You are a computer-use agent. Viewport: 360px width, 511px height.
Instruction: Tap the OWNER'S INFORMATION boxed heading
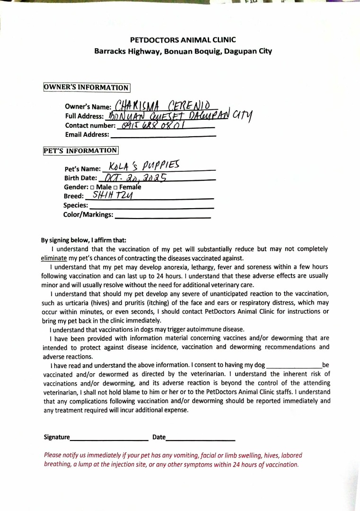point(87,88)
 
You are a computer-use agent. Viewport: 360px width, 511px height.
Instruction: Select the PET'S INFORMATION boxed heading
point(80,150)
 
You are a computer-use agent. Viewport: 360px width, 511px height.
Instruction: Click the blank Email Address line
point(163,135)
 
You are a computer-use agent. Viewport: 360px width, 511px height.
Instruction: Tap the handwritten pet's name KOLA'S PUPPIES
point(144,167)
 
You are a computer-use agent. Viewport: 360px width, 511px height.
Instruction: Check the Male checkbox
point(93,187)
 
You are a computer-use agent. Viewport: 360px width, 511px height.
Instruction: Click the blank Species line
point(151,207)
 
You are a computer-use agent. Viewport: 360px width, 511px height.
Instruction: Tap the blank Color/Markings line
point(163,216)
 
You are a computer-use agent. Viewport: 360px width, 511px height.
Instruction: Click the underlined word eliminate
point(54,258)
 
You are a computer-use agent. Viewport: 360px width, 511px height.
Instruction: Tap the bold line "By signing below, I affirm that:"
point(84,240)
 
